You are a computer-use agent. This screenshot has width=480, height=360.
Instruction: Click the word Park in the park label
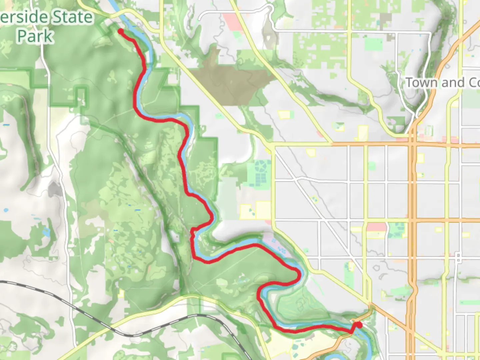(35, 36)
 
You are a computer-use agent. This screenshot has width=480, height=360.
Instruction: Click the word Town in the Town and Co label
(421, 82)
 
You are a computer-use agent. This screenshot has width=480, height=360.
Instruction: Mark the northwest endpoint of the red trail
(120, 31)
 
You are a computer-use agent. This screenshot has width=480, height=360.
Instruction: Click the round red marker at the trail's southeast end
(359, 324)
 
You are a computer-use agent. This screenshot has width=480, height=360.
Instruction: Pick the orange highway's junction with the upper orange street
(413, 145)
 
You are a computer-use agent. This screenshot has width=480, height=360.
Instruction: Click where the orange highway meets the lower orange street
(413, 220)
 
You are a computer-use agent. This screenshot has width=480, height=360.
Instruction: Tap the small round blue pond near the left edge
(6, 210)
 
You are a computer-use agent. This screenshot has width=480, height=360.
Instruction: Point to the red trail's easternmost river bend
(299, 275)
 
